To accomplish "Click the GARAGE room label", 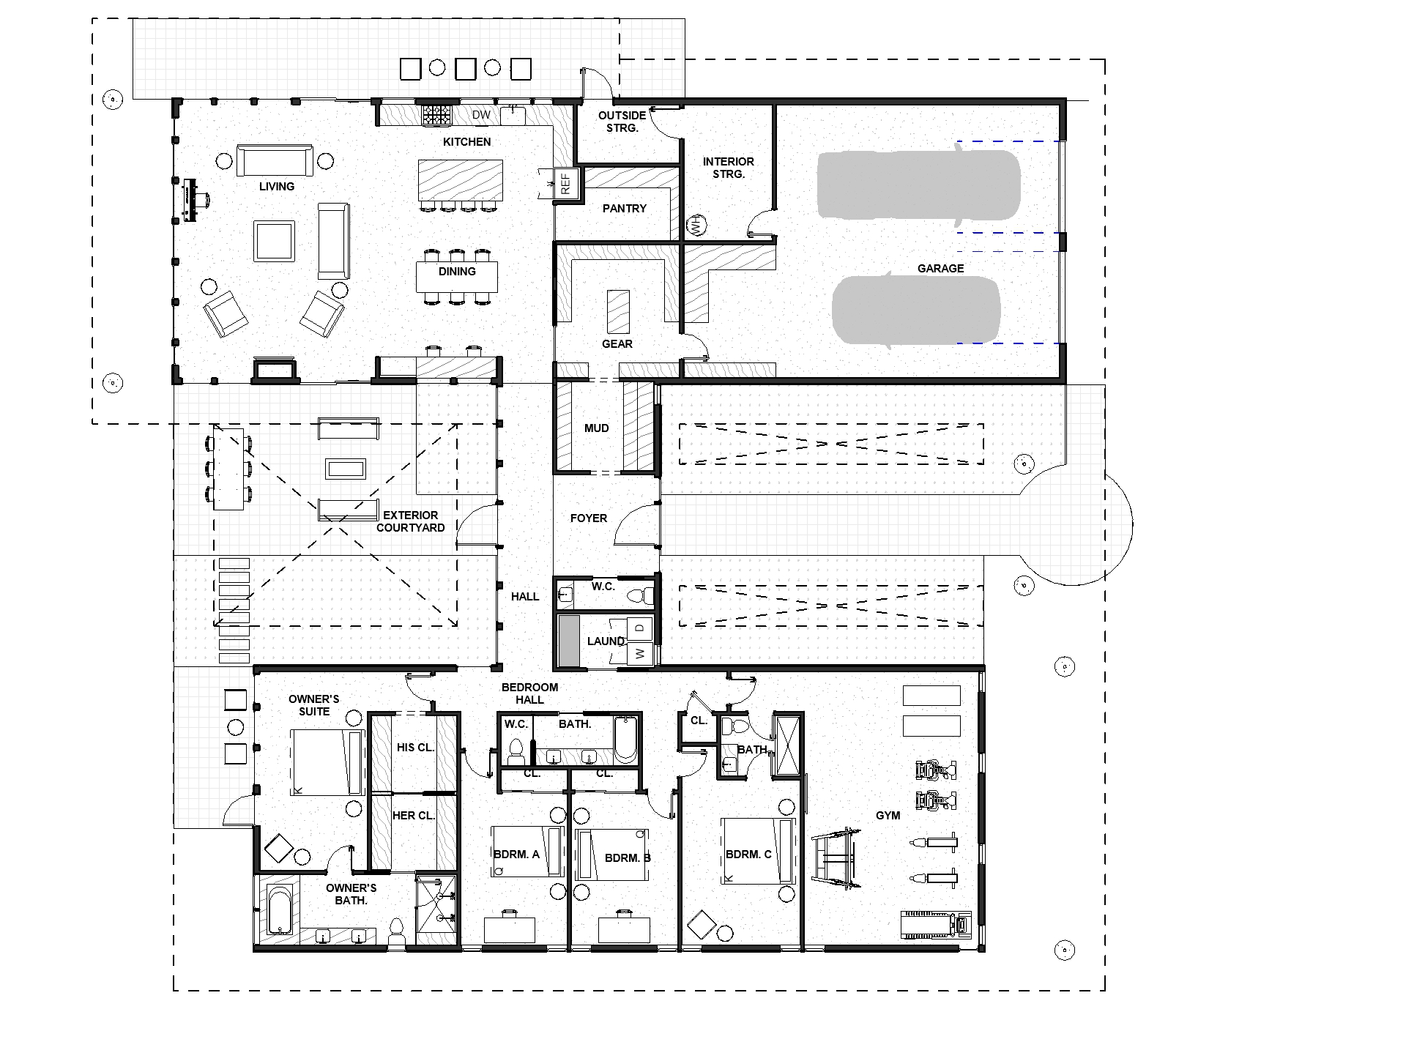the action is (940, 269).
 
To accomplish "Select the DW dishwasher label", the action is (481, 115).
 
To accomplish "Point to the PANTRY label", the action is (625, 209).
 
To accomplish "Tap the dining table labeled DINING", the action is (457, 277).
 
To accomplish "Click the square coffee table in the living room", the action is (274, 241).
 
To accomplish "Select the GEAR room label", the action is (617, 344).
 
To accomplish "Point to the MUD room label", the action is (597, 428).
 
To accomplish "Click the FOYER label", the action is (589, 518).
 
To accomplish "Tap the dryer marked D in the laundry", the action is (640, 628).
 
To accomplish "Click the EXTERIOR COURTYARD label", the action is (410, 521).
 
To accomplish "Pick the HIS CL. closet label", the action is (415, 748).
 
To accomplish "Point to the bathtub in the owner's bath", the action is (280, 912).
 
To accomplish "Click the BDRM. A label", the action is (516, 854).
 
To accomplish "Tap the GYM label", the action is (888, 816).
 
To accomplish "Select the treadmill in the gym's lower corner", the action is (936, 925).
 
